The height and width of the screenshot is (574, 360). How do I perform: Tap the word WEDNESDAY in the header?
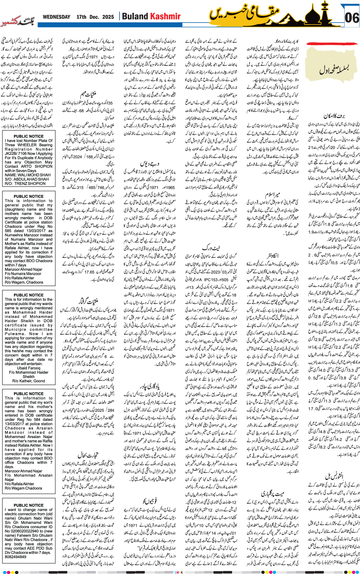click(56, 17)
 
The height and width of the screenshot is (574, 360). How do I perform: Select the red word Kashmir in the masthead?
click(165, 16)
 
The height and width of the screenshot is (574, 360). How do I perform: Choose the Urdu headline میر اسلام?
click(272, 194)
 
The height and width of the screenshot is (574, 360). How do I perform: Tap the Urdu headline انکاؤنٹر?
click(272, 255)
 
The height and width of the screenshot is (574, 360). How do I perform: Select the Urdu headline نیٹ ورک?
click(211, 248)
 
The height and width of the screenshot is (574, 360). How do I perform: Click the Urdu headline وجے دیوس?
click(149, 163)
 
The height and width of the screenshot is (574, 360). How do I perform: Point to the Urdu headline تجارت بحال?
click(88, 455)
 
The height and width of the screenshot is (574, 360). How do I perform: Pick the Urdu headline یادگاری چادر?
click(149, 386)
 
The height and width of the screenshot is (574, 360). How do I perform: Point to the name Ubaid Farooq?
click(29, 368)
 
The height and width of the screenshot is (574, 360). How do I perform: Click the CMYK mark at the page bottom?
click(179, 572)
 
